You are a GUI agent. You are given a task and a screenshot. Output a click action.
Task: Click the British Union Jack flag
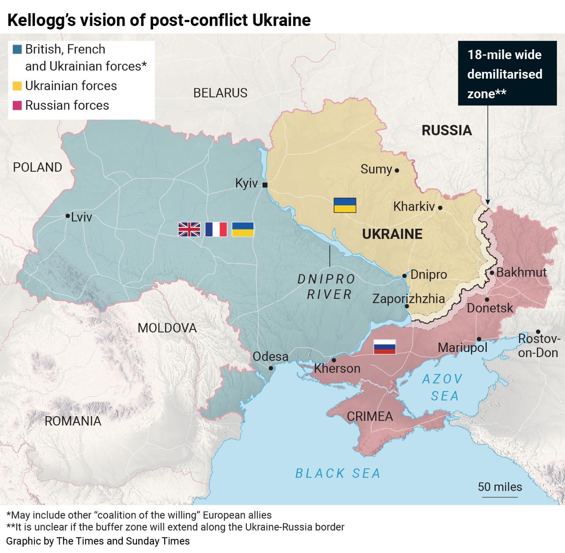[189, 229]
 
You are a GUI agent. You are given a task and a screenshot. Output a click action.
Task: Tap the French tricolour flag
[216, 229]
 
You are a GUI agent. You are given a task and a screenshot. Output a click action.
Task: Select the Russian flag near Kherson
[384, 347]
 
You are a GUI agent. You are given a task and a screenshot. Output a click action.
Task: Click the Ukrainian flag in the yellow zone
[345, 206]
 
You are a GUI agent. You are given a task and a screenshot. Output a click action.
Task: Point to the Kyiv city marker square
[265, 185]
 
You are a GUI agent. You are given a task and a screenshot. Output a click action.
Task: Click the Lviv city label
[81, 217]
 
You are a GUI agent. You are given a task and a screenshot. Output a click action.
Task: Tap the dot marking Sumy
[397, 170]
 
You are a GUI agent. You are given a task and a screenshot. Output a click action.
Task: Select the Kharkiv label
[414, 206]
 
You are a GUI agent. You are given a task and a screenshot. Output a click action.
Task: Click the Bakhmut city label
[521, 273]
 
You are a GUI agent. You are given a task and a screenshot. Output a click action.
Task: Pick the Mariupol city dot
[479, 339]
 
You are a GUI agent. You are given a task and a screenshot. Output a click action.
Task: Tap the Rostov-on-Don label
[539, 346]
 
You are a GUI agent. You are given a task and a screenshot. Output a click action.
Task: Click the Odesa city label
[270, 356]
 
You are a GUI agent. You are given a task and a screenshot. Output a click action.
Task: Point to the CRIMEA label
[369, 416]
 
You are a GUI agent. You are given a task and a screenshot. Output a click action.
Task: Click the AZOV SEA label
[442, 387]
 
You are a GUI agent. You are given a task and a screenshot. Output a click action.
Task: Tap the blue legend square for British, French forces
[18, 49]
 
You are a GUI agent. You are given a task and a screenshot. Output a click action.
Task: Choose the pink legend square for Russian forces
[18, 105]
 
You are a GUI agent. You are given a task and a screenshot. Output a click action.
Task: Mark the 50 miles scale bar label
[500, 487]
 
